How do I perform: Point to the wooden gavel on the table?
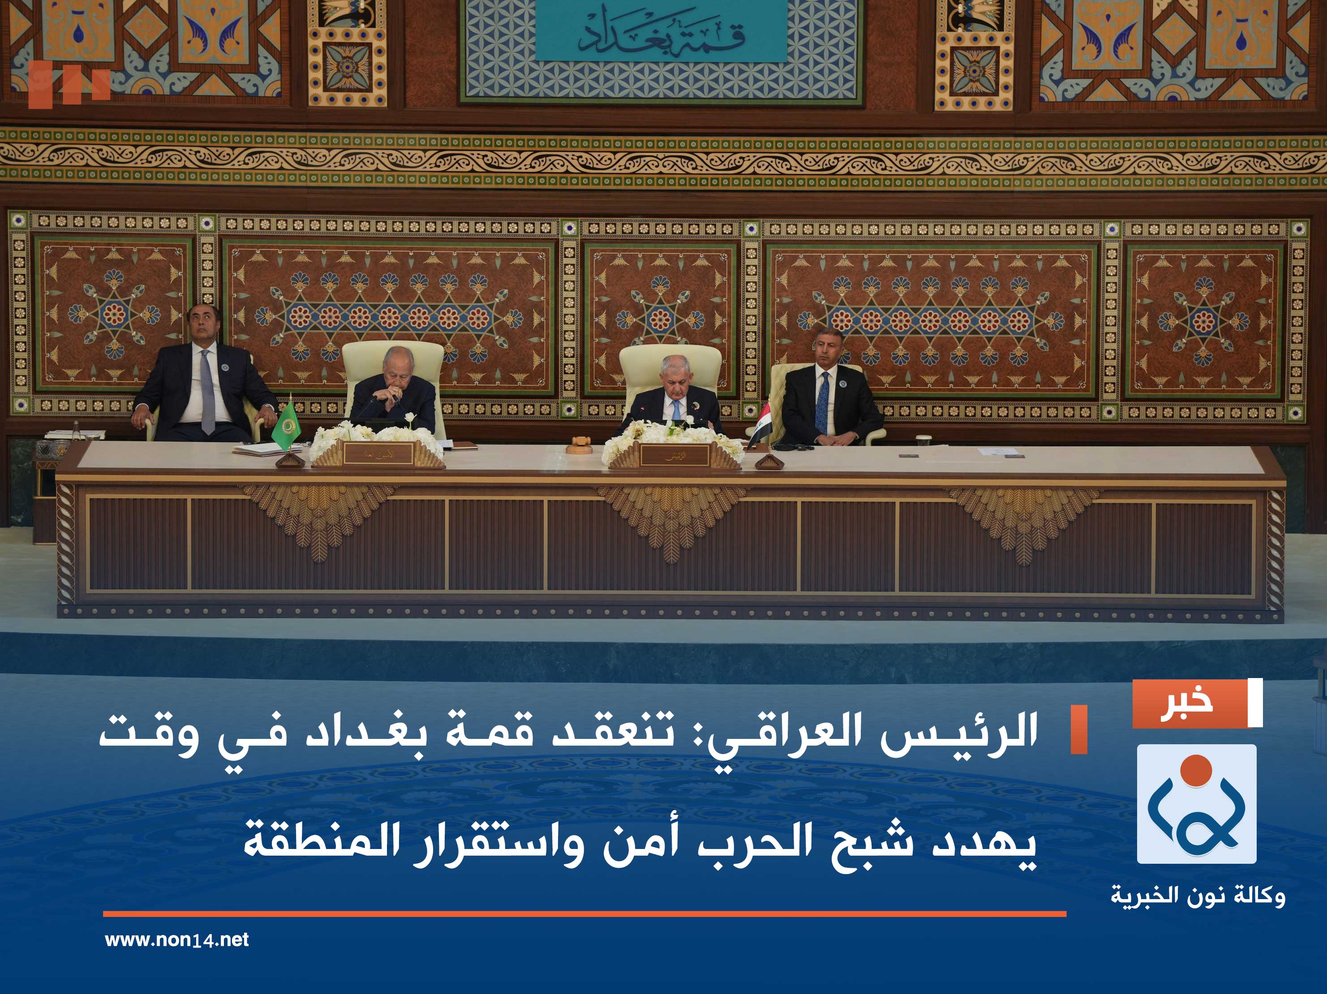[580, 444]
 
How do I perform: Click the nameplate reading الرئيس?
[675, 456]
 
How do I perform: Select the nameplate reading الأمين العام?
[378, 454]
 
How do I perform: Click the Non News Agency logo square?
[1196, 805]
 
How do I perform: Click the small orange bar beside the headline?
[1078, 730]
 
